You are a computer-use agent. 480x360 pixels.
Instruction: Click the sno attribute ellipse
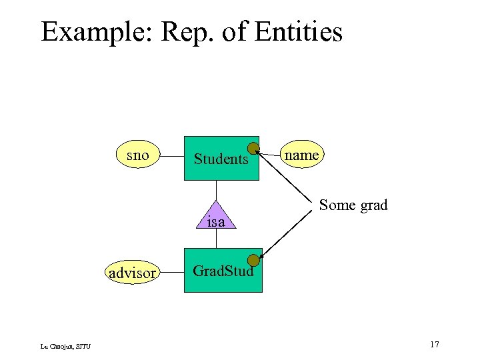click(x=137, y=156)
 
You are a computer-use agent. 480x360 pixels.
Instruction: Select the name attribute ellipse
click(x=301, y=155)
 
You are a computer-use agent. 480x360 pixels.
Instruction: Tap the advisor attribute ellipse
click(x=132, y=273)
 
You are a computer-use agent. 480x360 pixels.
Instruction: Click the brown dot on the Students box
click(x=253, y=148)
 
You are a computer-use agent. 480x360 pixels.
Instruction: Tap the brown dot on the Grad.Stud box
click(x=253, y=261)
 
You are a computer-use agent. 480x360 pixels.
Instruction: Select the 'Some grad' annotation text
click(x=353, y=205)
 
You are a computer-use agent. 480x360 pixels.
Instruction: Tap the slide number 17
click(x=435, y=344)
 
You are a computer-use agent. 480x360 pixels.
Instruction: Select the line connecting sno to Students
click(x=171, y=157)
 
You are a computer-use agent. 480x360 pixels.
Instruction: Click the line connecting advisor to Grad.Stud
click(x=171, y=273)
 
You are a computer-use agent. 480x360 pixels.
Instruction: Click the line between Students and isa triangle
click(x=216, y=191)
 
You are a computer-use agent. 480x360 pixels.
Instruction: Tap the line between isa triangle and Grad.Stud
click(x=216, y=239)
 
